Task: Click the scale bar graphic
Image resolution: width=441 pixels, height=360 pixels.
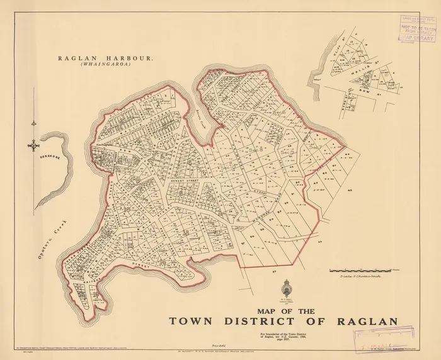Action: coord(361,269)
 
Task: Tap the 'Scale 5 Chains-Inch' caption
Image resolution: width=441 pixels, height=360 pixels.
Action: coord(360,276)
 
